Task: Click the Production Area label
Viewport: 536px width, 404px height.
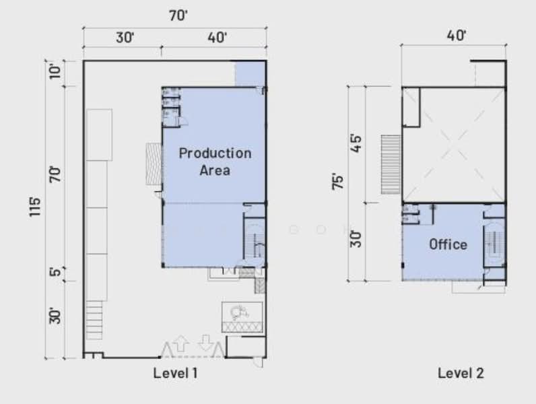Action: pyautogui.click(x=215, y=162)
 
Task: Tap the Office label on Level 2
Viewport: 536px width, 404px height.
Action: pyautogui.click(x=448, y=244)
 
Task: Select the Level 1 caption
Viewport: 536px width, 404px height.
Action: pyautogui.click(x=175, y=373)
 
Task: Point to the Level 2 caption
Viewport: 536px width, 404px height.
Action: pyautogui.click(x=461, y=373)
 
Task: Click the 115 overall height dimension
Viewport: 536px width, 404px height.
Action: pyautogui.click(x=34, y=206)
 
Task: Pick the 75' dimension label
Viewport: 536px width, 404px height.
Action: pyautogui.click(x=337, y=182)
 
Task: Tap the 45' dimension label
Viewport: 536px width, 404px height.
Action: pyautogui.click(x=356, y=144)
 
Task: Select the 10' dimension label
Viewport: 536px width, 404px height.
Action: pyautogui.click(x=55, y=71)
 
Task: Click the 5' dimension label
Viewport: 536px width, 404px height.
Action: pyautogui.click(x=55, y=272)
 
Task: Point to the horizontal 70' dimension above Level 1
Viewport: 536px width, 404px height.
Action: pyautogui.click(x=178, y=15)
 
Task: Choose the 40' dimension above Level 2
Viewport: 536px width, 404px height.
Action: pyautogui.click(x=457, y=35)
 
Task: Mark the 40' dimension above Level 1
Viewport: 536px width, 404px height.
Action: pyautogui.click(x=217, y=37)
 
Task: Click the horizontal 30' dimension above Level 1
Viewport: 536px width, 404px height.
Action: pyautogui.click(x=125, y=37)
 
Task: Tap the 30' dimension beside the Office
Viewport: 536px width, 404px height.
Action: pyautogui.click(x=356, y=238)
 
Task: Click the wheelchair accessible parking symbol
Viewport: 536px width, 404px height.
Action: pyautogui.click(x=238, y=312)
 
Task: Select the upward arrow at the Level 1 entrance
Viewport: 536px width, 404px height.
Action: pyautogui.click(x=180, y=343)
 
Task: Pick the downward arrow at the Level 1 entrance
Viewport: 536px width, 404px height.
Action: pyautogui.click(x=205, y=343)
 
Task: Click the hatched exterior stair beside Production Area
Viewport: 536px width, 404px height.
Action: pyautogui.click(x=154, y=164)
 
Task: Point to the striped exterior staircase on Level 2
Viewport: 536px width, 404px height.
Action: pyautogui.click(x=391, y=164)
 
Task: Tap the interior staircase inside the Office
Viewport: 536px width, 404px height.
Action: pyautogui.click(x=494, y=243)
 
